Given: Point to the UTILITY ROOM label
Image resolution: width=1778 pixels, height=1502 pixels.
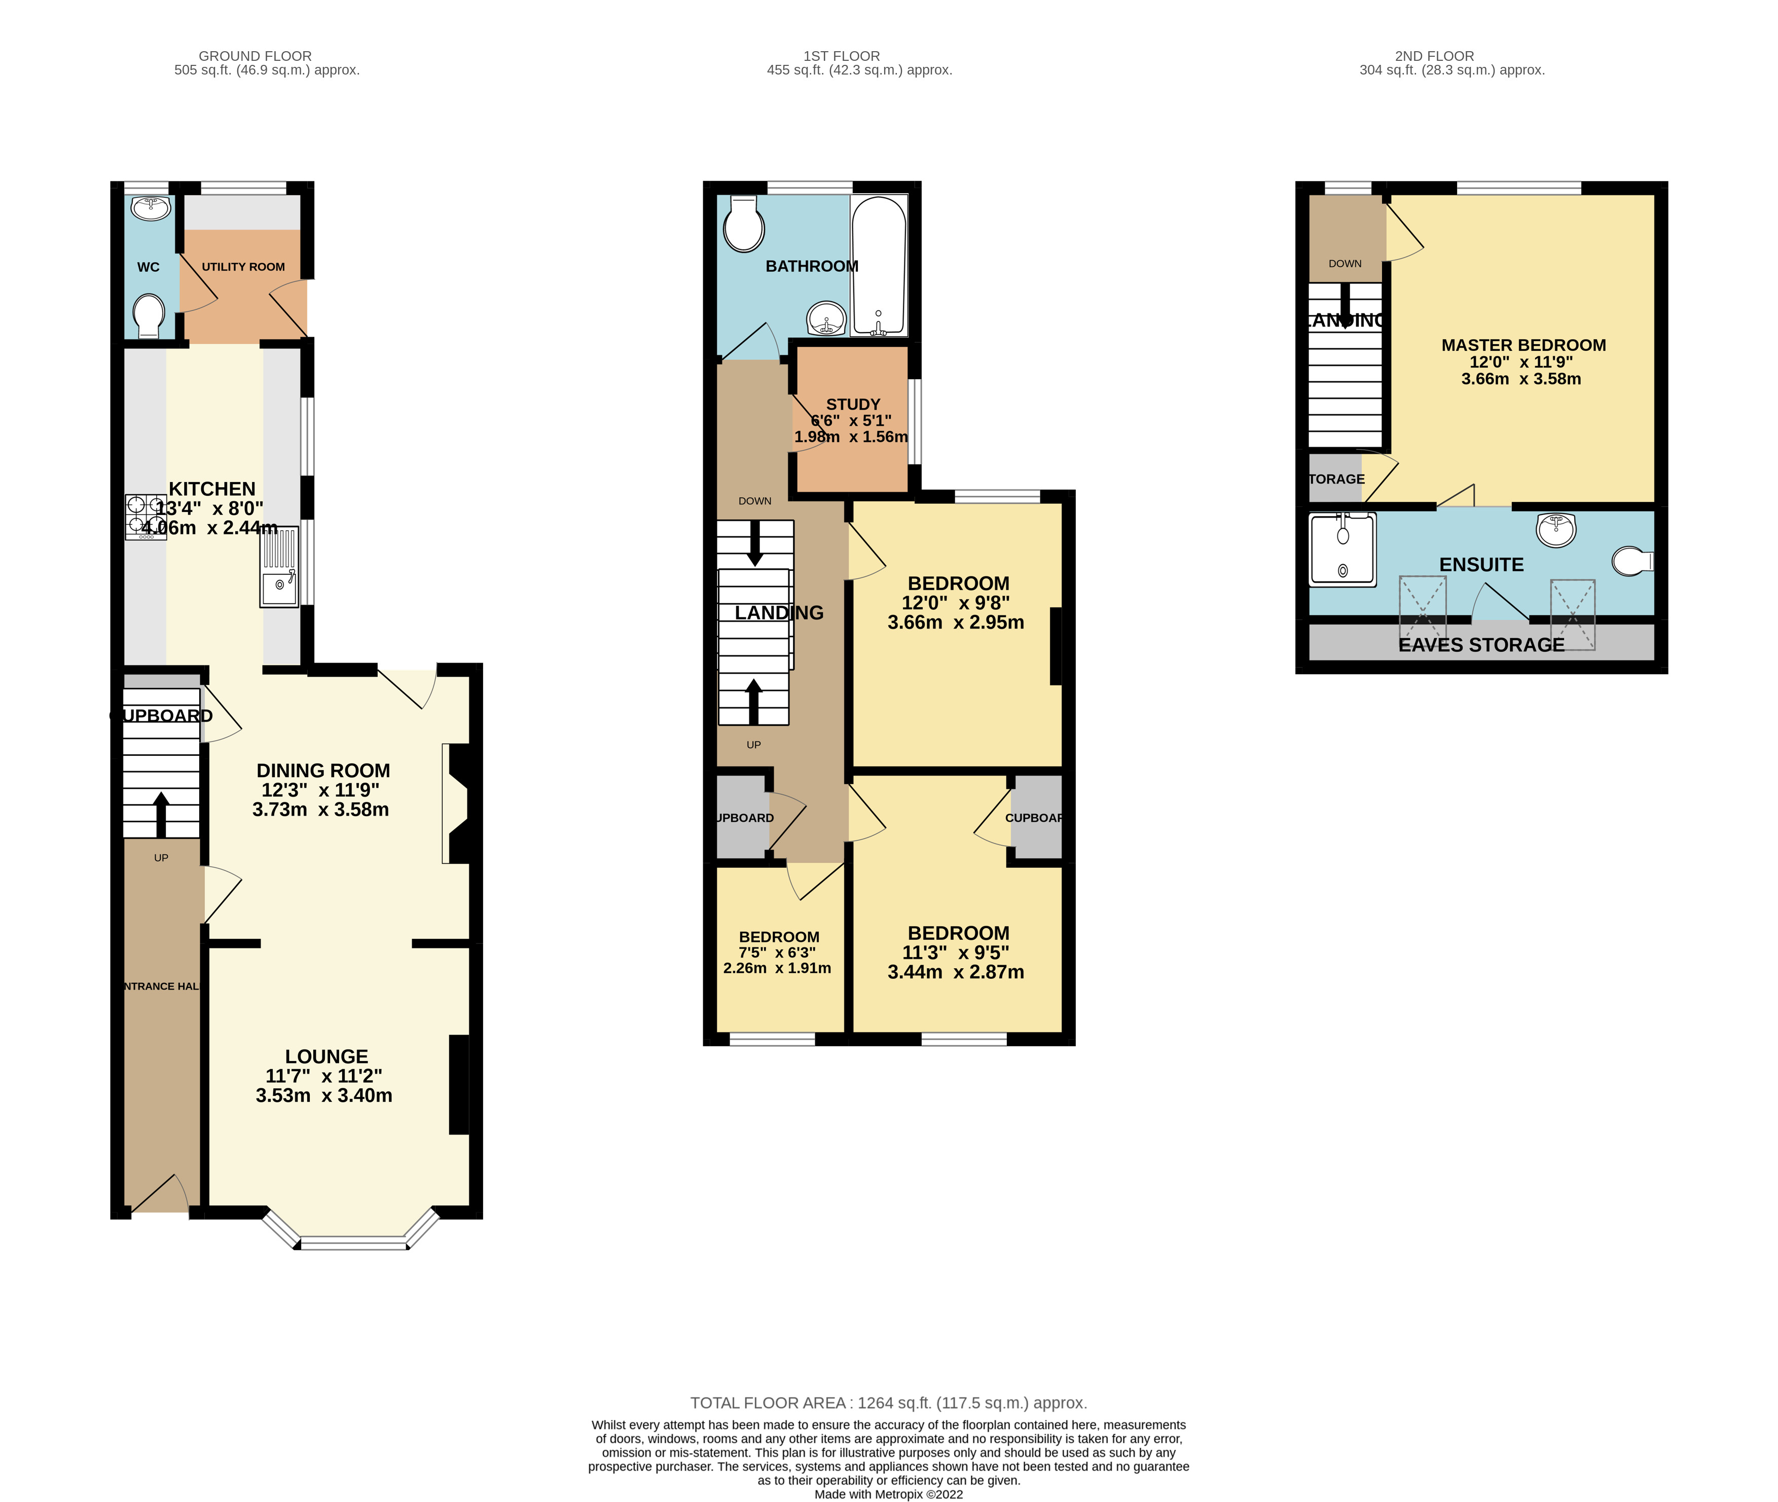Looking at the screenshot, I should [243, 267].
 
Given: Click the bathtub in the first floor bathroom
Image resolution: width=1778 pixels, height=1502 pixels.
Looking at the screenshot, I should [879, 266].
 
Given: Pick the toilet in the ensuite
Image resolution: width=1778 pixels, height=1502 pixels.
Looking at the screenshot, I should [1631, 561].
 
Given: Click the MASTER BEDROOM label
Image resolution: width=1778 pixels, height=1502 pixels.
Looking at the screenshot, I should [1523, 345].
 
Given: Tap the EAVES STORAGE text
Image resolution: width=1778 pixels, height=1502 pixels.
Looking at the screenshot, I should [1481, 645].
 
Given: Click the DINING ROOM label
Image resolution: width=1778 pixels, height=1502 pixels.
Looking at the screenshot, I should [323, 771].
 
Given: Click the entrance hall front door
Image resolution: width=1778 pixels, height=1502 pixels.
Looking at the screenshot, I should [158, 1195].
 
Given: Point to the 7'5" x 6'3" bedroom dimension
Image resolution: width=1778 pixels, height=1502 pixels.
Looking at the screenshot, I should [777, 953].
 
